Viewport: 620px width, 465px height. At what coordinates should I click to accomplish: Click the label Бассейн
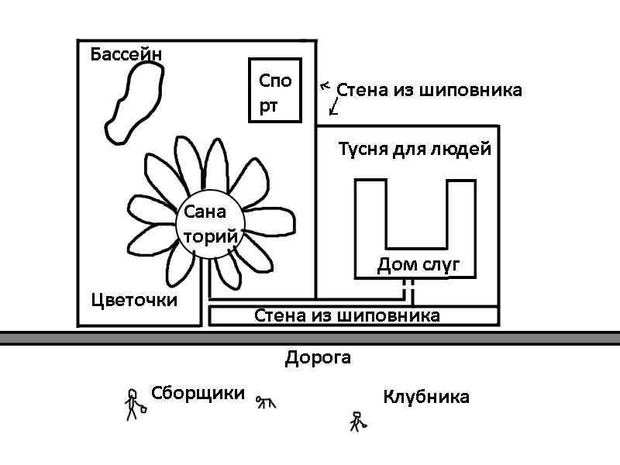[x=126, y=54]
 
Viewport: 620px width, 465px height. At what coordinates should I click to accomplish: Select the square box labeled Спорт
[x=275, y=90]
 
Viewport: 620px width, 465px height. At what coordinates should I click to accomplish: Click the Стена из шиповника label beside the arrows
[x=429, y=90]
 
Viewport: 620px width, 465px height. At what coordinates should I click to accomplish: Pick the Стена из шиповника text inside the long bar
[x=347, y=315]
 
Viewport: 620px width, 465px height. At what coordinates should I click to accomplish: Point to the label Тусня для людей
[x=415, y=149]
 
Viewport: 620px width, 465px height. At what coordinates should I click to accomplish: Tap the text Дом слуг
[x=418, y=266]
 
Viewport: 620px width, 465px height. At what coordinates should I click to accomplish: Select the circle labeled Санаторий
[x=207, y=225]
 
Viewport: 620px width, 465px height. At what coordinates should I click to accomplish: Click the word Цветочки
[x=133, y=300]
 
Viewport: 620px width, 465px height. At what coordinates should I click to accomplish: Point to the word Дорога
[x=318, y=358]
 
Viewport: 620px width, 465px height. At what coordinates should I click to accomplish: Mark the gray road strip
[x=310, y=338]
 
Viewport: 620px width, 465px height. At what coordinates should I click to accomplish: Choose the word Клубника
[x=426, y=397]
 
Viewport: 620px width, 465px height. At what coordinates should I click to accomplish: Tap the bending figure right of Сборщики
[x=266, y=401]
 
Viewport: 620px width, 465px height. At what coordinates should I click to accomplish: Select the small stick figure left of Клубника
[x=356, y=421]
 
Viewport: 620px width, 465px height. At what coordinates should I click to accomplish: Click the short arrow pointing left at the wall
[x=325, y=85]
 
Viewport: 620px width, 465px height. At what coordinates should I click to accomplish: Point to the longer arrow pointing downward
[x=334, y=106]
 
